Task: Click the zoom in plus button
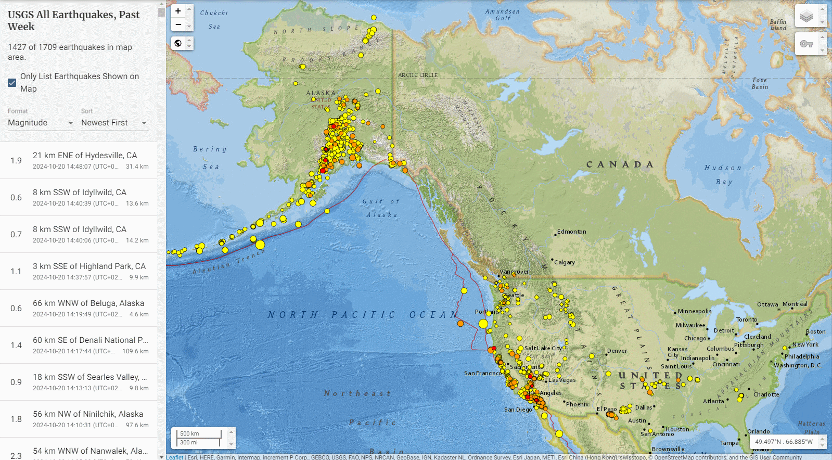click(x=178, y=11)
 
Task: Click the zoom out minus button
click(x=178, y=24)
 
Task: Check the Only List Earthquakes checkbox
click(x=12, y=83)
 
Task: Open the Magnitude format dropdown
click(x=41, y=123)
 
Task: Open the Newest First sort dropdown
click(x=114, y=123)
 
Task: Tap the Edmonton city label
click(x=571, y=232)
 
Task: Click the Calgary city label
click(x=565, y=262)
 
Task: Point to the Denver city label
click(x=617, y=351)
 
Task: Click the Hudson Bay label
click(x=723, y=174)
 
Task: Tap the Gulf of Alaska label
click(x=381, y=208)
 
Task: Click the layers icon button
click(x=806, y=16)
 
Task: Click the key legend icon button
click(x=806, y=44)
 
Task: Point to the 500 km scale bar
click(x=199, y=433)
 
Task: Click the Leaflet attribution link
click(x=175, y=457)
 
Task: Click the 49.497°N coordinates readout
click(x=784, y=442)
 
